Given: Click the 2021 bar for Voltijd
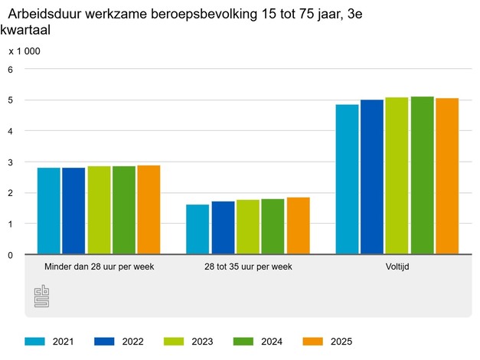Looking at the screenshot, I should [347, 179].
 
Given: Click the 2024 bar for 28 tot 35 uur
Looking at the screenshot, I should [273, 227].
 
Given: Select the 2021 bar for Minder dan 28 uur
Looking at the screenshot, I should [49, 211].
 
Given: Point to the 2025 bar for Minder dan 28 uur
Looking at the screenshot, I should [149, 210].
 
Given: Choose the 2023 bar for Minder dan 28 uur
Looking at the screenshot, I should [99, 210].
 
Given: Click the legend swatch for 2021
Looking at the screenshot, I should [35, 342].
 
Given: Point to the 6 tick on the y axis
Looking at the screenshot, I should [11, 70].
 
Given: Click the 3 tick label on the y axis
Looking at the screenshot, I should [11, 162].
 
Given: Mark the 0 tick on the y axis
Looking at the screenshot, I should [11, 255].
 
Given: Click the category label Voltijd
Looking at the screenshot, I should [397, 267].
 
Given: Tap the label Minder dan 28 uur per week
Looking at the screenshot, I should [99, 267].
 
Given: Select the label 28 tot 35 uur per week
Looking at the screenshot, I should [248, 267].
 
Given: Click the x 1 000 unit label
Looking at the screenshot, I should [24, 51].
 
